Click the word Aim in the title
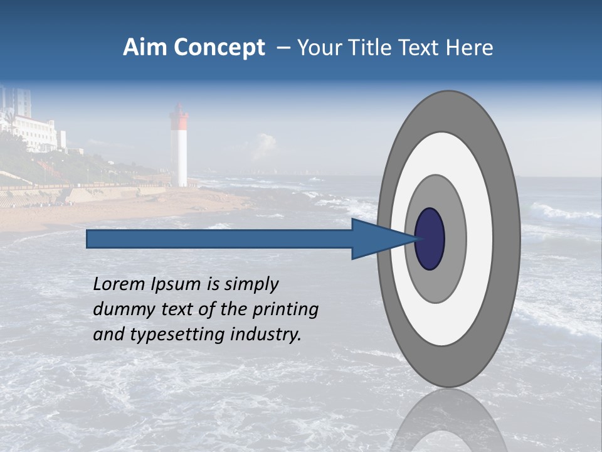click(x=144, y=48)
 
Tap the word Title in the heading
click(x=371, y=48)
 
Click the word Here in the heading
click(x=468, y=48)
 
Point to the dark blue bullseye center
click(x=430, y=239)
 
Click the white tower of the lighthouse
click(x=180, y=157)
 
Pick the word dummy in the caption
click(x=120, y=309)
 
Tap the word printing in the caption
click(x=286, y=309)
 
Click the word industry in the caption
click(x=266, y=335)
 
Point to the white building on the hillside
click(x=38, y=132)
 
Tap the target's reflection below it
click(x=448, y=421)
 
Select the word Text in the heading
click(x=418, y=48)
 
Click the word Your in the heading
click(x=320, y=48)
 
